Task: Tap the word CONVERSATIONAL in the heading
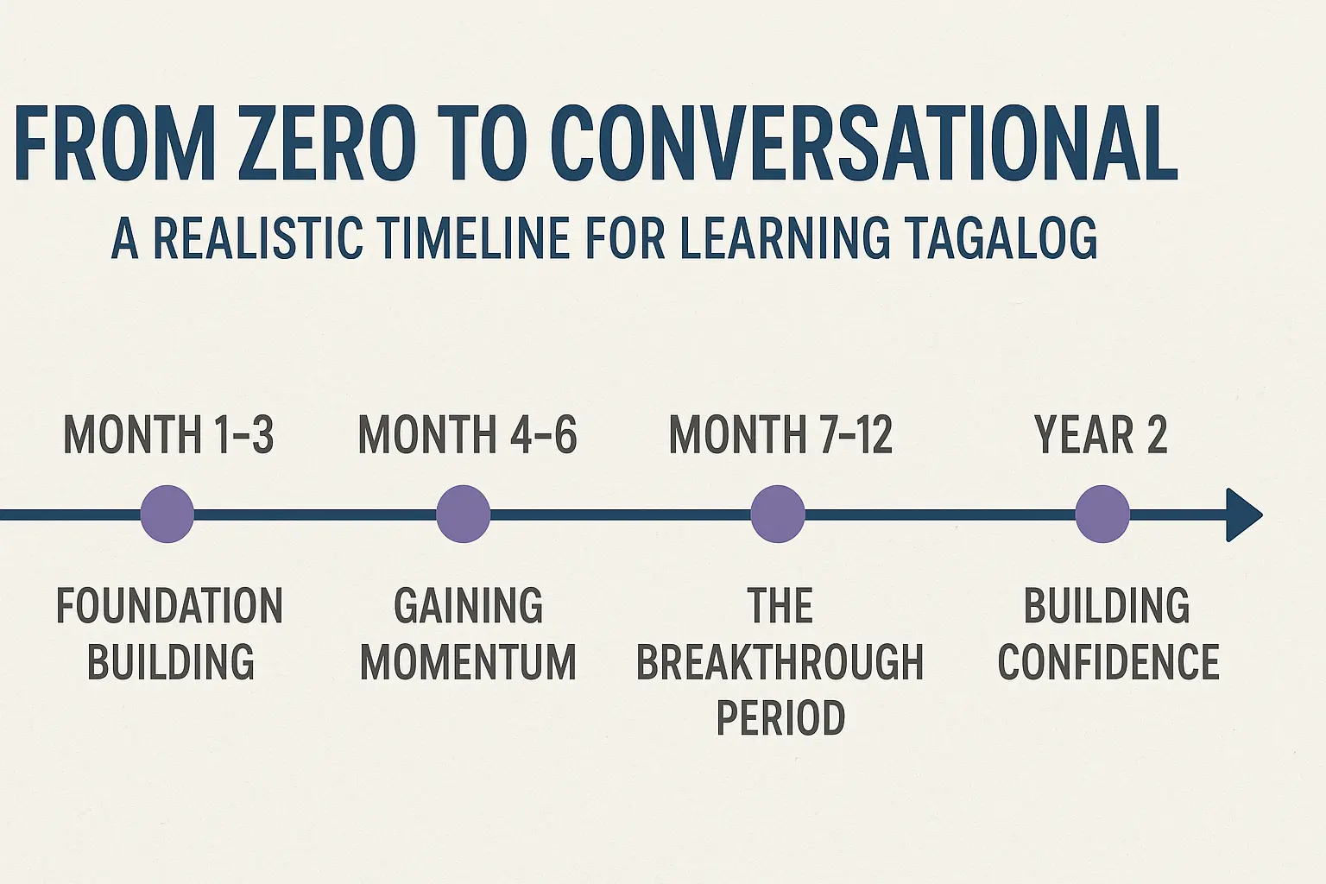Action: (863, 143)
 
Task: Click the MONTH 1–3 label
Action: (168, 434)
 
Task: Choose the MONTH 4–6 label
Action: (467, 434)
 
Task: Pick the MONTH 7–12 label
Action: (780, 434)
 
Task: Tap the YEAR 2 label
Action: (1101, 434)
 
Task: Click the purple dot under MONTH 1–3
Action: (167, 515)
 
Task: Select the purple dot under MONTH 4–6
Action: (464, 515)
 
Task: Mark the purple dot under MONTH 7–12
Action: (778, 515)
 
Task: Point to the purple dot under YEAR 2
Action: (1102, 515)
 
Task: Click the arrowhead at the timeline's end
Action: (1242, 515)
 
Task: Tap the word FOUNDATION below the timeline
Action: (169, 606)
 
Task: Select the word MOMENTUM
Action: (468, 662)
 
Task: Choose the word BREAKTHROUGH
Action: (780, 662)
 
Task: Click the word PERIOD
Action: (780, 718)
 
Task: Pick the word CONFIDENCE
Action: (1108, 662)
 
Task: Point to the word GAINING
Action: (468, 606)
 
